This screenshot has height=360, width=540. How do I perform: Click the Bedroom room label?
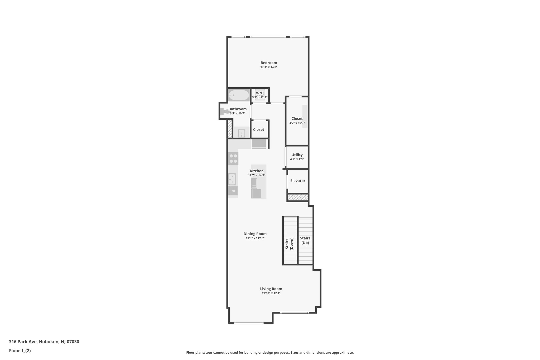[x=269, y=63]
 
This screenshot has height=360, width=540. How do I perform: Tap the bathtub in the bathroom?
[x=239, y=95]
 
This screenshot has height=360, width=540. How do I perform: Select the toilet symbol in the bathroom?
[x=225, y=112]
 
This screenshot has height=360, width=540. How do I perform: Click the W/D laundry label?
[x=260, y=93]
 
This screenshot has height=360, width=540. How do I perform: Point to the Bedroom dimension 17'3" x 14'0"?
[x=269, y=67]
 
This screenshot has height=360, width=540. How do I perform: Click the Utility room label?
[x=297, y=155]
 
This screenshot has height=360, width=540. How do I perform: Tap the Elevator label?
[x=298, y=181]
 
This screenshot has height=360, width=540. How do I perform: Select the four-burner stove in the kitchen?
[x=233, y=159]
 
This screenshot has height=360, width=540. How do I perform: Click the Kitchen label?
[x=257, y=171]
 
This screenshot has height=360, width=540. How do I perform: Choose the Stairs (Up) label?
[x=305, y=241]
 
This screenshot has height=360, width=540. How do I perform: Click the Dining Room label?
[x=255, y=234]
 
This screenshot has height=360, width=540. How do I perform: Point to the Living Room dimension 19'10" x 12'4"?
[x=271, y=293]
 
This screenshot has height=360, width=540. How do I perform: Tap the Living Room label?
[x=271, y=289]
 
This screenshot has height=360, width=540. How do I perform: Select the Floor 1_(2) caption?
[x=20, y=351]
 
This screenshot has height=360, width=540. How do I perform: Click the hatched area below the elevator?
[x=298, y=197]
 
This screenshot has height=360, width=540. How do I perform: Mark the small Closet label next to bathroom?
[x=258, y=129]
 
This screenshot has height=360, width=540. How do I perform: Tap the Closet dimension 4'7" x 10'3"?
[x=297, y=123]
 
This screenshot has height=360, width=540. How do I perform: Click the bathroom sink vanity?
[x=242, y=133]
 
